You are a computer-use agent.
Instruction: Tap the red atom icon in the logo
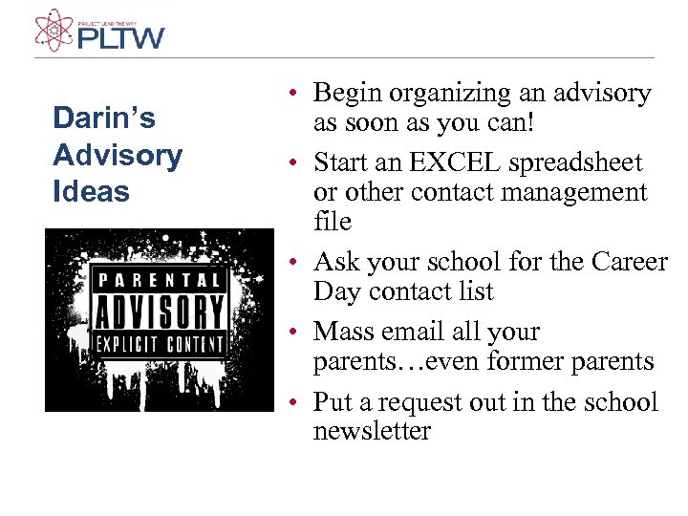(54, 30)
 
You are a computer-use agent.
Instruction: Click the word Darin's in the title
(104, 118)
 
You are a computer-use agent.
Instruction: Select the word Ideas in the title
(91, 191)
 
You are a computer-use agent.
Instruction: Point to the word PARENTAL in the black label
(160, 281)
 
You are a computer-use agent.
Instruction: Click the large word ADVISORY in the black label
(160, 312)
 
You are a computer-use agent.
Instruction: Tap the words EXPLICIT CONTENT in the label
(160, 343)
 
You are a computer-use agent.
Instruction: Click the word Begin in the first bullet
(342, 94)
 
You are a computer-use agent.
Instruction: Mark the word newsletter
(372, 431)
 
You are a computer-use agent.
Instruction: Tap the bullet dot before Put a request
(298, 402)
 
